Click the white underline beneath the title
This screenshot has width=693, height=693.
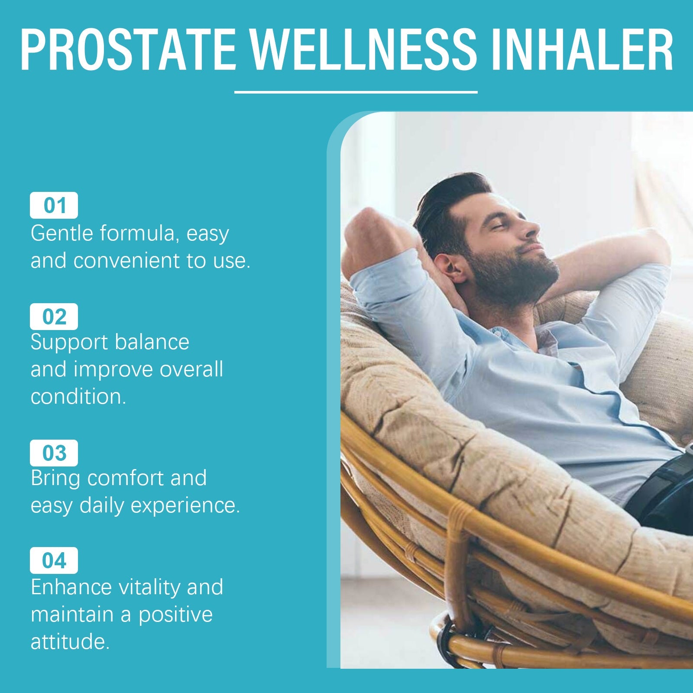pyautogui.click(x=356, y=92)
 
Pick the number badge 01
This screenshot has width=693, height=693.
pyautogui.click(x=54, y=205)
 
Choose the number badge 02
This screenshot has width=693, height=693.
pyautogui.click(x=54, y=317)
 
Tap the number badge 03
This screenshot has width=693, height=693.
pyautogui.click(x=54, y=453)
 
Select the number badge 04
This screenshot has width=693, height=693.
pyautogui.click(x=54, y=560)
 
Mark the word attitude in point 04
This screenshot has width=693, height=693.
pyautogui.click(x=69, y=641)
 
